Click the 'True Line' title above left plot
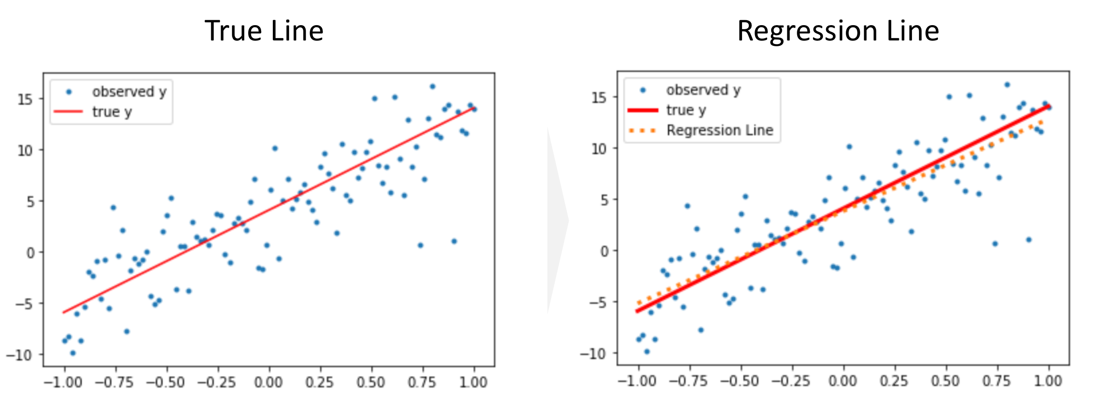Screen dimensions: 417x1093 point(264,31)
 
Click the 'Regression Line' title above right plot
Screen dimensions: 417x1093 point(838,31)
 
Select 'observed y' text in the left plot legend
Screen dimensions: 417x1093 point(129,92)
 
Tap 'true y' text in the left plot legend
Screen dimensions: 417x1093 point(112,111)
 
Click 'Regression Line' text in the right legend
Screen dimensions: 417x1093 point(720,130)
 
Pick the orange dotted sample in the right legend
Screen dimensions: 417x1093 point(643,131)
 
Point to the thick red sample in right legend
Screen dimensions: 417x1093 point(643,110)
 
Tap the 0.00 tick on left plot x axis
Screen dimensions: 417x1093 point(269,382)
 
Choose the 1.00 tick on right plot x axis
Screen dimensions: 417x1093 point(1048,381)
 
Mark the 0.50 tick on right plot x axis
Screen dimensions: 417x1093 point(945,381)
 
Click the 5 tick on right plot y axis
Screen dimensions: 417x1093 point(604,200)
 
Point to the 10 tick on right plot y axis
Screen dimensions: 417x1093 point(599,149)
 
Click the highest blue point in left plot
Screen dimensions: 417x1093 point(432,86)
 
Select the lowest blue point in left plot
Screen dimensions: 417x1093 point(73,353)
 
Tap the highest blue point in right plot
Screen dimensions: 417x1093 point(1007,84)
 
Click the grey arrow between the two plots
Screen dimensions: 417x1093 point(558,220)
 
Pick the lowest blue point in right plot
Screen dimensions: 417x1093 point(647,351)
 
